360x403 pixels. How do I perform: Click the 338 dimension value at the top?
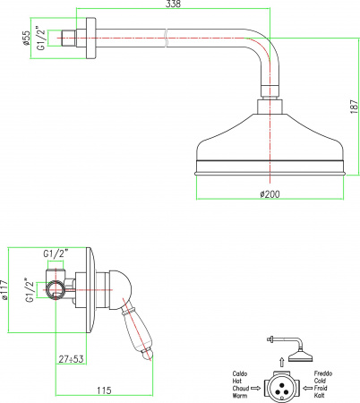(x=174, y=4)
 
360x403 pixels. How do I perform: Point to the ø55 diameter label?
(x=26, y=38)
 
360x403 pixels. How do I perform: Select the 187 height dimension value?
(x=354, y=107)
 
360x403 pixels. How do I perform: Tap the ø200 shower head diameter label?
(x=270, y=194)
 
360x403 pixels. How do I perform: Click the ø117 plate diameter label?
(x=4, y=289)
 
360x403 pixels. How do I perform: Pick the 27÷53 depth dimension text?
(x=71, y=359)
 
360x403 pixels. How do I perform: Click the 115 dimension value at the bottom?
(x=104, y=390)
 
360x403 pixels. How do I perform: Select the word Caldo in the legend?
(x=240, y=373)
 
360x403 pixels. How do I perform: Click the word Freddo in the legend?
(x=323, y=373)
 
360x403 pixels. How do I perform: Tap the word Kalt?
(x=319, y=396)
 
